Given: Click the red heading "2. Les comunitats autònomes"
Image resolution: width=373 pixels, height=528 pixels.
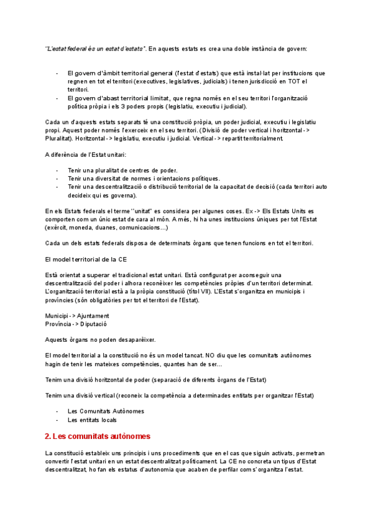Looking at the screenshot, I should (98, 436).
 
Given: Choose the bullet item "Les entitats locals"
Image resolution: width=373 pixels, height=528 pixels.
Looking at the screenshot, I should (92, 420).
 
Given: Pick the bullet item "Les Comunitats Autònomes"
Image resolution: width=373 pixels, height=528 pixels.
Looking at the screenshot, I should (106, 411).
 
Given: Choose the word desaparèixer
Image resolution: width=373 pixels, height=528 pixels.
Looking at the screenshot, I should (134, 339).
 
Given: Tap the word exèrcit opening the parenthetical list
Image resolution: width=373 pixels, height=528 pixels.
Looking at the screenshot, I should (55, 227).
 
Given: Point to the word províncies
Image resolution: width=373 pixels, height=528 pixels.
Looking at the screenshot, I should (62, 300).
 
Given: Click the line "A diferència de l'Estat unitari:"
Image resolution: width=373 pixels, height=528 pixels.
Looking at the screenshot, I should (86, 154).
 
